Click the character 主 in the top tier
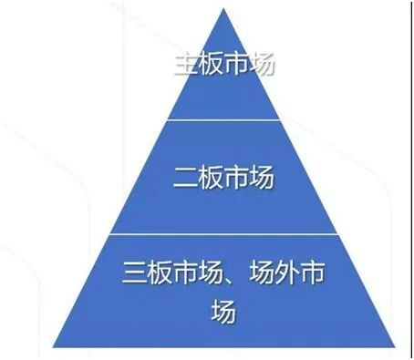[x=184, y=67]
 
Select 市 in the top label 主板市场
[x=237, y=67]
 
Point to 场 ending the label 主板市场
[x=264, y=67]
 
